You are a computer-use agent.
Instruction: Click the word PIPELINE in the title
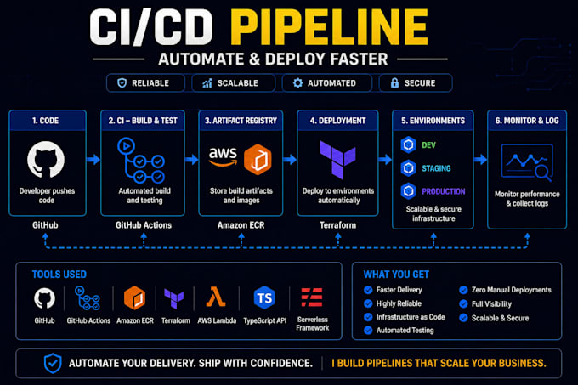pos(329,27)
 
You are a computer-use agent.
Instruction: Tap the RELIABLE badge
pos(145,83)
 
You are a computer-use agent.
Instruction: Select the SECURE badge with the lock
pos(416,83)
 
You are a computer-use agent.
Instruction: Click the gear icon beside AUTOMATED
pos(297,83)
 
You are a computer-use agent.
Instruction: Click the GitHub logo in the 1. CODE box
pos(46,160)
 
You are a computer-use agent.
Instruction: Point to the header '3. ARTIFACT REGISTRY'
pos(241,121)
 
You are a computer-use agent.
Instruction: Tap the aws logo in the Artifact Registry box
pos(223,156)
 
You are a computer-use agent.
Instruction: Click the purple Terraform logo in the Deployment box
pos(337,159)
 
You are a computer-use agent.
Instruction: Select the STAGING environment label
pos(436,168)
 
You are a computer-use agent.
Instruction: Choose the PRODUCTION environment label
pos(444,191)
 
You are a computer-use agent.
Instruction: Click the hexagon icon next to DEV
pos(408,144)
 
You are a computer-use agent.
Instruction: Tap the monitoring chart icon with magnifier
pos(527,162)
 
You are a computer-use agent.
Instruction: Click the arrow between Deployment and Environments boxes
pos(385,160)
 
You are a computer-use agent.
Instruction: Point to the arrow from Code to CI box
pos(93,160)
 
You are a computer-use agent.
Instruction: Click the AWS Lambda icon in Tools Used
pos(216,297)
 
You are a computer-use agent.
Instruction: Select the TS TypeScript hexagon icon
pos(264,297)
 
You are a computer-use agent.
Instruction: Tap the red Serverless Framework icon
pos(312,297)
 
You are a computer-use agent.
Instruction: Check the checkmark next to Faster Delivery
pos(368,290)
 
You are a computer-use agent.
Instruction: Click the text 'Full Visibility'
pos(491,304)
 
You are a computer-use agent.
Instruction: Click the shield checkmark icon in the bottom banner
pos(53,363)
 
